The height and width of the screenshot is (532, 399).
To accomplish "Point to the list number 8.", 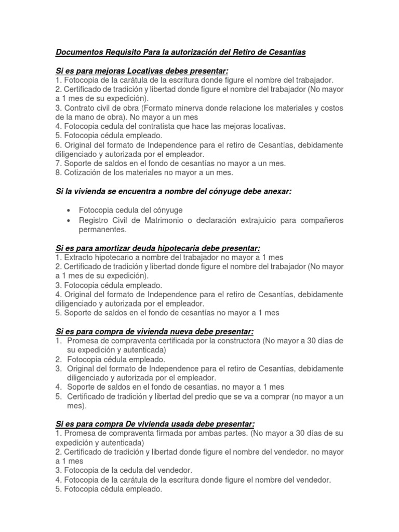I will coord(58,172).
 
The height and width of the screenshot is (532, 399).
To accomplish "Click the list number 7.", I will coord(58,163).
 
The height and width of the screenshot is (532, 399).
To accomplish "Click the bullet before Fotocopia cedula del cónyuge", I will coord(69,210).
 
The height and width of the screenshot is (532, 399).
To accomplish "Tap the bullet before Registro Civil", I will coord(69,220).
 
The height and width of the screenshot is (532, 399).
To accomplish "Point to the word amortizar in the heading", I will coord(104,248).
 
